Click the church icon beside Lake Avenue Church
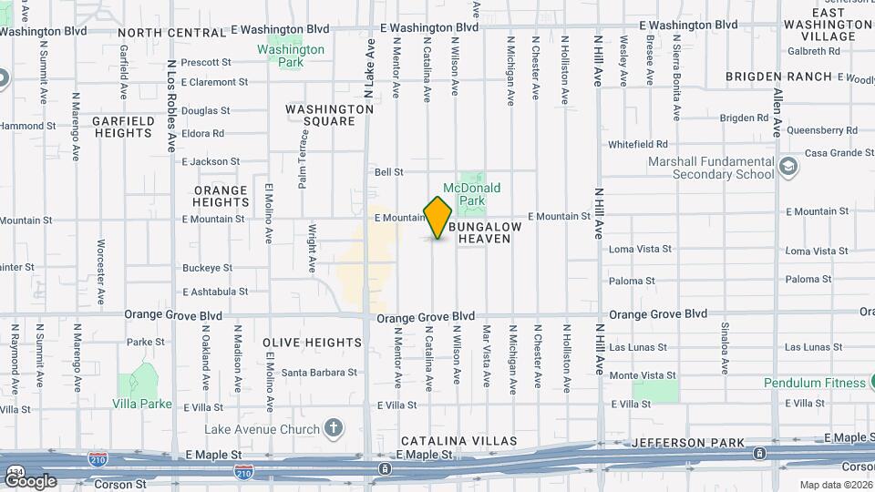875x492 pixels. coord(334,428)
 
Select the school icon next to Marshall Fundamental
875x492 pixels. coord(787,168)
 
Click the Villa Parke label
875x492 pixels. coord(142,404)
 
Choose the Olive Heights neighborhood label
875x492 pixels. coord(313,343)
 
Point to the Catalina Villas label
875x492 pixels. coord(458,441)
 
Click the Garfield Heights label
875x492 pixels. coord(122,127)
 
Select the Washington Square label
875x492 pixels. coord(329,115)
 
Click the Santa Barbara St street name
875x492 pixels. coord(318,373)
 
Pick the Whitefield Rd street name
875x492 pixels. coord(638,144)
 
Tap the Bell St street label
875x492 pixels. coord(388,171)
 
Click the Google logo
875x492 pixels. coord(30,480)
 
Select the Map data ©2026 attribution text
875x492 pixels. coord(836,485)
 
